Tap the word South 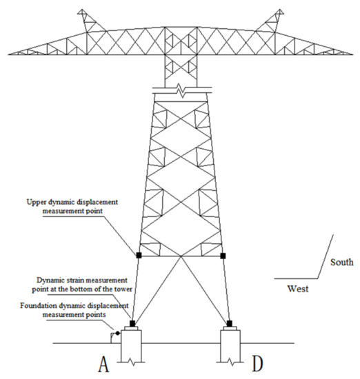tap(342, 262)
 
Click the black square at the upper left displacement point tap(139, 256)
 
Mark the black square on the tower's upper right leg tap(223, 256)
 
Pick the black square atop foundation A tap(132, 322)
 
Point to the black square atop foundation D tap(230, 322)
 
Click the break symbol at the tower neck tap(181, 90)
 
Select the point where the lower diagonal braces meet tap(181, 256)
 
